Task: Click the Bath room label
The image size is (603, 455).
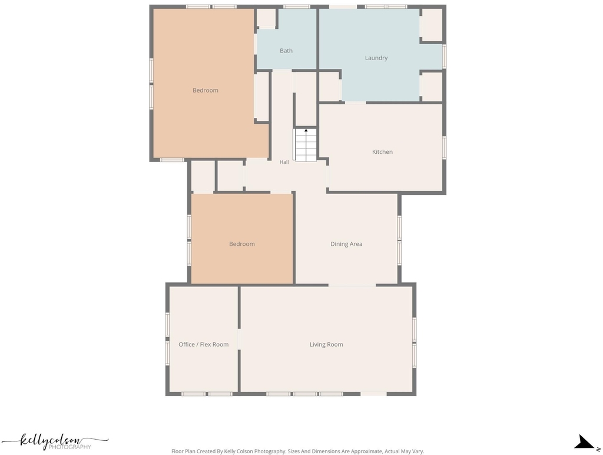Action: click(x=286, y=51)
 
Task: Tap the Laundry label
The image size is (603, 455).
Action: click(x=376, y=58)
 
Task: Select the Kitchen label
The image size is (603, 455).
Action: click(x=382, y=151)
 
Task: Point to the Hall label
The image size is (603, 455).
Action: click(x=284, y=162)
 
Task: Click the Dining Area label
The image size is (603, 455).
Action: click(x=346, y=243)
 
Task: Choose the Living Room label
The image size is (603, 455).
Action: click(x=326, y=345)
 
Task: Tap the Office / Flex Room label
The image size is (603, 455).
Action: click(x=203, y=345)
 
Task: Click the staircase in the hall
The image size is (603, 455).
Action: click(x=306, y=145)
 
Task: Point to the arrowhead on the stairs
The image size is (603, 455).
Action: click(x=306, y=130)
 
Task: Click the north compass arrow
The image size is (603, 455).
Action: click(x=584, y=442)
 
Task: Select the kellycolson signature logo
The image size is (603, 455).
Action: click(x=55, y=441)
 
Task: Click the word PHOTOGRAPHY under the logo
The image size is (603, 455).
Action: click(x=69, y=447)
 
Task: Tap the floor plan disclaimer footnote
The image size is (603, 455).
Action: click(x=297, y=451)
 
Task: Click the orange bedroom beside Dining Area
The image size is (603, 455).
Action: click(x=242, y=239)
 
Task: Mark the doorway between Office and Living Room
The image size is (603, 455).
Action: click(x=239, y=339)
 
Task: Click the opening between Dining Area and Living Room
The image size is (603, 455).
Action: click(x=352, y=285)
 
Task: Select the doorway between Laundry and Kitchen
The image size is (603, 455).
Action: click(x=355, y=103)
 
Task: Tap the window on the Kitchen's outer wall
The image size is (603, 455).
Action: click(x=444, y=147)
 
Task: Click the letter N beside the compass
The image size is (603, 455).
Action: click(x=598, y=449)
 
